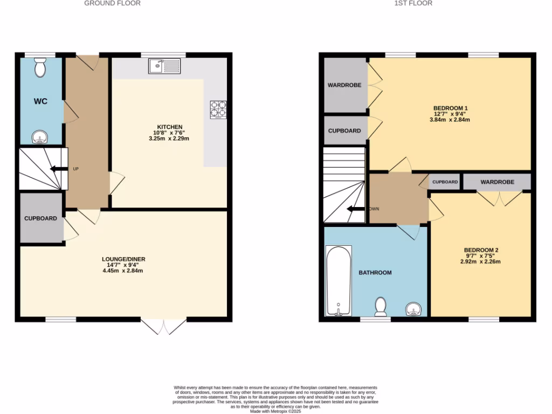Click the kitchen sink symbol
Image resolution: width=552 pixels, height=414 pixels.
(165, 66)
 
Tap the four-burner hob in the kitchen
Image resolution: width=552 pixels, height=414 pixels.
(218, 109)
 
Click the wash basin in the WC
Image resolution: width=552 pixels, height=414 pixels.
(39, 138)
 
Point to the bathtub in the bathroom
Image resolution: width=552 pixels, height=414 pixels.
(339, 280)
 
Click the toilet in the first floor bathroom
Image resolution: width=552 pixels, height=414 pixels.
(381, 306)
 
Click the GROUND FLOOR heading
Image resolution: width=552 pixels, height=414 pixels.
(113, 3)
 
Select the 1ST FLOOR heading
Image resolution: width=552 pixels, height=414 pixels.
(413, 3)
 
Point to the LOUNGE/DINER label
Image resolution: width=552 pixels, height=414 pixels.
(123, 259)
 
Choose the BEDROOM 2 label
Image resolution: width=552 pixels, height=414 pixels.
(481, 250)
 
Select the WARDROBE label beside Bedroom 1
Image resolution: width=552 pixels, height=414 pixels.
(344, 85)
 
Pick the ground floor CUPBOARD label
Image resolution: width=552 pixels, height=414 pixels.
(40, 218)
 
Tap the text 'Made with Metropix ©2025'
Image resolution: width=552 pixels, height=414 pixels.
(275, 411)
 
